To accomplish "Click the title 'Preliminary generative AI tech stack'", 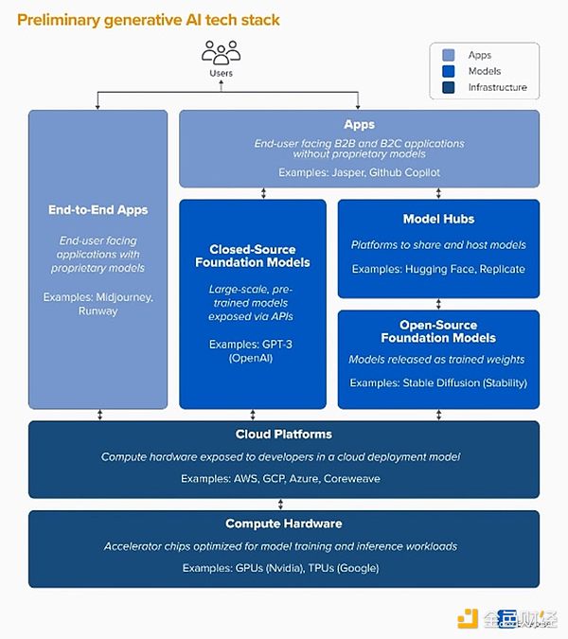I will coord(149,19).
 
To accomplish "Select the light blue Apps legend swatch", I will coord(448,55).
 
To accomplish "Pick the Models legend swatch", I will coord(448,71).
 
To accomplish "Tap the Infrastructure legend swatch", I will coord(448,87).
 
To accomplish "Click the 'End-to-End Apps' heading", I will coord(98,209).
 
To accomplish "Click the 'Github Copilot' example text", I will coord(391,172).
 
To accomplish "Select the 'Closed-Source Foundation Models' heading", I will coord(253,256).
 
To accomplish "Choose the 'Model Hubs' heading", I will coord(438,219).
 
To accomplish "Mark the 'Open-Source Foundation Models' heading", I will coord(438,331).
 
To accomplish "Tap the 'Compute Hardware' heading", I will coord(284,524).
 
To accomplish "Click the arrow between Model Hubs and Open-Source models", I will coord(438,303).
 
